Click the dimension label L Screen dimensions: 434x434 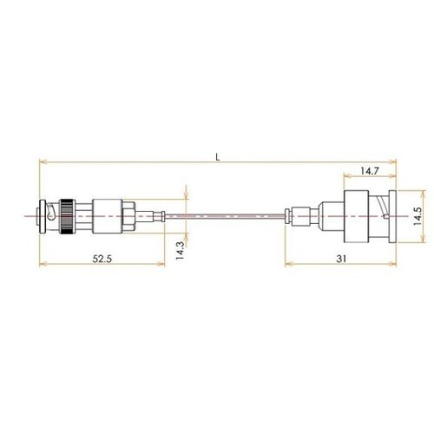pyautogui.click(x=218, y=157)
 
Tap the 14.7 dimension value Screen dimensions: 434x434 pyautogui.click(x=370, y=171)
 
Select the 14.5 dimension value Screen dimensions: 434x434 pyautogui.click(x=418, y=216)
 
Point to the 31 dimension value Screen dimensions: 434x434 pyautogui.click(x=341, y=259)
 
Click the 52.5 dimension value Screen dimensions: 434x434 pyautogui.click(x=102, y=259)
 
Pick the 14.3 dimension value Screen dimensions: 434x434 pyautogui.click(x=180, y=251)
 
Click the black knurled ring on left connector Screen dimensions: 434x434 pyautogui.click(x=67, y=216)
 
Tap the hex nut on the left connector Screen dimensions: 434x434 pyautogui.click(x=128, y=216)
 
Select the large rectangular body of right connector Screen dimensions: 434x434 pyautogui.click(x=356, y=216)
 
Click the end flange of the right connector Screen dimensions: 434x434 pyautogui.click(x=392, y=216)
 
